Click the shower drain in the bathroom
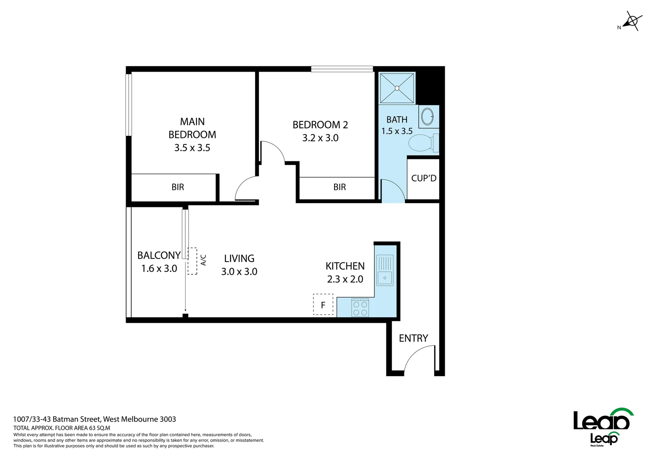pos(397,88)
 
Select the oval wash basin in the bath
pos(427,116)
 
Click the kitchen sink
pos(385,270)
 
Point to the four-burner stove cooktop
pos(360,308)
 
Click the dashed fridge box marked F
pos(323,305)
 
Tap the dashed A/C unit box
pos(193,261)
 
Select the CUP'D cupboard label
pos(423,178)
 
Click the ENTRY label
pos(413,338)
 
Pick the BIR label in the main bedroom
pos(178,187)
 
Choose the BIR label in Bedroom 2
pos(340,187)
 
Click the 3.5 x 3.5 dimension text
pos(192,148)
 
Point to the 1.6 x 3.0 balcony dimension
pos(159,268)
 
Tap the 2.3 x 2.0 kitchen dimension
pos(345,279)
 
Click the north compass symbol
pos(632,21)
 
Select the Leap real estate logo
pos(603,425)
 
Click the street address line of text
pos(95,419)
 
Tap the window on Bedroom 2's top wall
pos(342,69)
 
